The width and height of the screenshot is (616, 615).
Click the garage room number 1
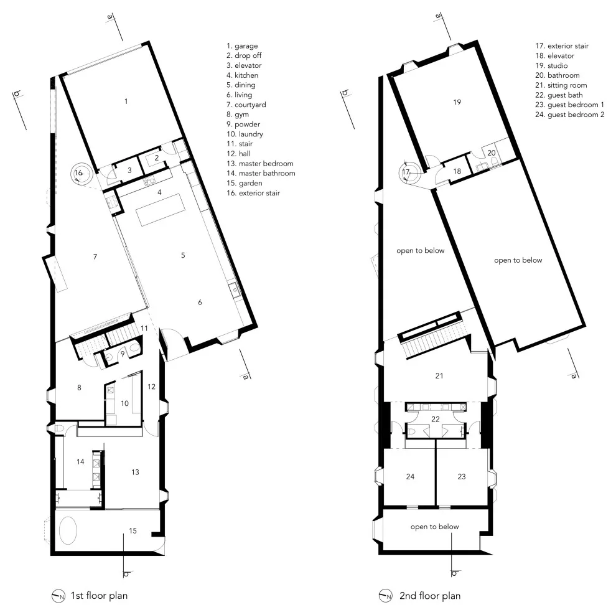click(126, 101)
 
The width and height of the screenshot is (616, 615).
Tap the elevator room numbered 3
click(129, 171)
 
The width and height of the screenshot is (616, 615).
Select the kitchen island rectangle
click(161, 209)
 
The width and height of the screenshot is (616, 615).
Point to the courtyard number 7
click(95, 256)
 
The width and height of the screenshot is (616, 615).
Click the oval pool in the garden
click(68, 530)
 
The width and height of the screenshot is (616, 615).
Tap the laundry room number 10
click(124, 403)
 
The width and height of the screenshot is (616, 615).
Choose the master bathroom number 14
click(80, 462)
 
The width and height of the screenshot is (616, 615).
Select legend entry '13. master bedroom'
click(259, 164)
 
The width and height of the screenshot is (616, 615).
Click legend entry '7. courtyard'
click(246, 105)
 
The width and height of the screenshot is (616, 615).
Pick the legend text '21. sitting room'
click(561, 85)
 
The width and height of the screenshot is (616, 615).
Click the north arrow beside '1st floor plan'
click(58, 596)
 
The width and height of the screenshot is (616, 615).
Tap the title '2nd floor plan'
click(430, 596)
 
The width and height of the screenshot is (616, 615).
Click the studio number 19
click(457, 102)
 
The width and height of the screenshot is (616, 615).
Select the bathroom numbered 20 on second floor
click(492, 153)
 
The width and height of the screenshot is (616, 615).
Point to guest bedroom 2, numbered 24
click(410, 477)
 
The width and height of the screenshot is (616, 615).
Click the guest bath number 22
click(436, 420)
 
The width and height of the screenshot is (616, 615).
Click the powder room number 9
click(123, 354)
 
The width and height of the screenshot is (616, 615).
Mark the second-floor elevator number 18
click(457, 171)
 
